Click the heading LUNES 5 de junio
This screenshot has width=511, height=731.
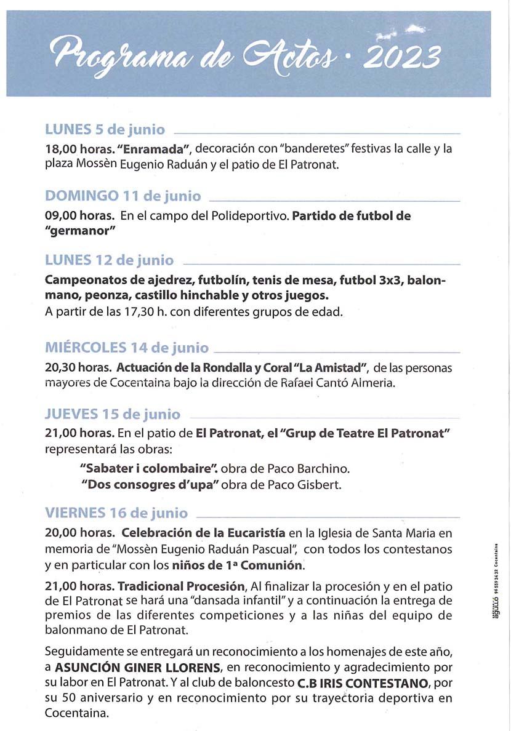105,130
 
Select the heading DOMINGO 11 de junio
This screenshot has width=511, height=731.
123,196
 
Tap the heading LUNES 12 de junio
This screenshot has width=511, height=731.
109,260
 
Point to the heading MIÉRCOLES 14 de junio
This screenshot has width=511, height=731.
127,348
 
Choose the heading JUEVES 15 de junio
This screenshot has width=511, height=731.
113,413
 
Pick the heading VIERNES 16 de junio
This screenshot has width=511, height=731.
116,513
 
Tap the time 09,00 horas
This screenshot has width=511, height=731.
79,216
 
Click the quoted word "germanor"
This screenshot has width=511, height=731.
81,231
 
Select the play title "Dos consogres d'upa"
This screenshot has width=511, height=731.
151,485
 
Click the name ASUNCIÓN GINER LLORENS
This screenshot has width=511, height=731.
137,668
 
